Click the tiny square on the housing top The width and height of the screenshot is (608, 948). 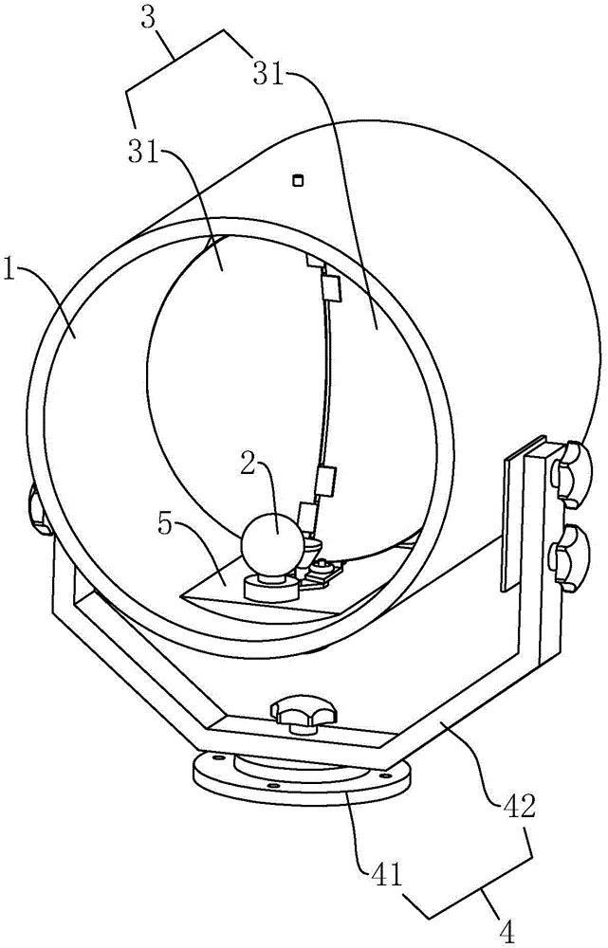pyautogui.click(x=297, y=179)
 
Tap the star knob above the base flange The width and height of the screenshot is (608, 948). pyautogui.click(x=302, y=714)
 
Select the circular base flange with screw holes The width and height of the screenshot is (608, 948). pyautogui.click(x=299, y=780)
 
